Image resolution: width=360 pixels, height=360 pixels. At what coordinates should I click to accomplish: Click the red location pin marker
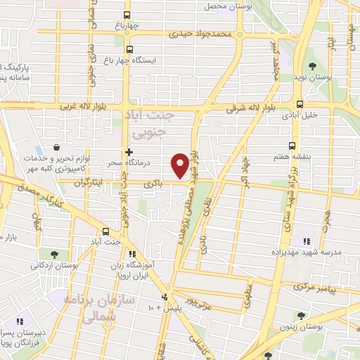pos(180,165)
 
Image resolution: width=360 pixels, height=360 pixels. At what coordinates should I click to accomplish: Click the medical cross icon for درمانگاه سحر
pos(128,153)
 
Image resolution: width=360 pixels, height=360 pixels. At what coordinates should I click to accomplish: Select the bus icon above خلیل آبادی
pos(300,104)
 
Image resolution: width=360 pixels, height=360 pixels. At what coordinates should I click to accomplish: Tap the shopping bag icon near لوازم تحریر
pos(56,148)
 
